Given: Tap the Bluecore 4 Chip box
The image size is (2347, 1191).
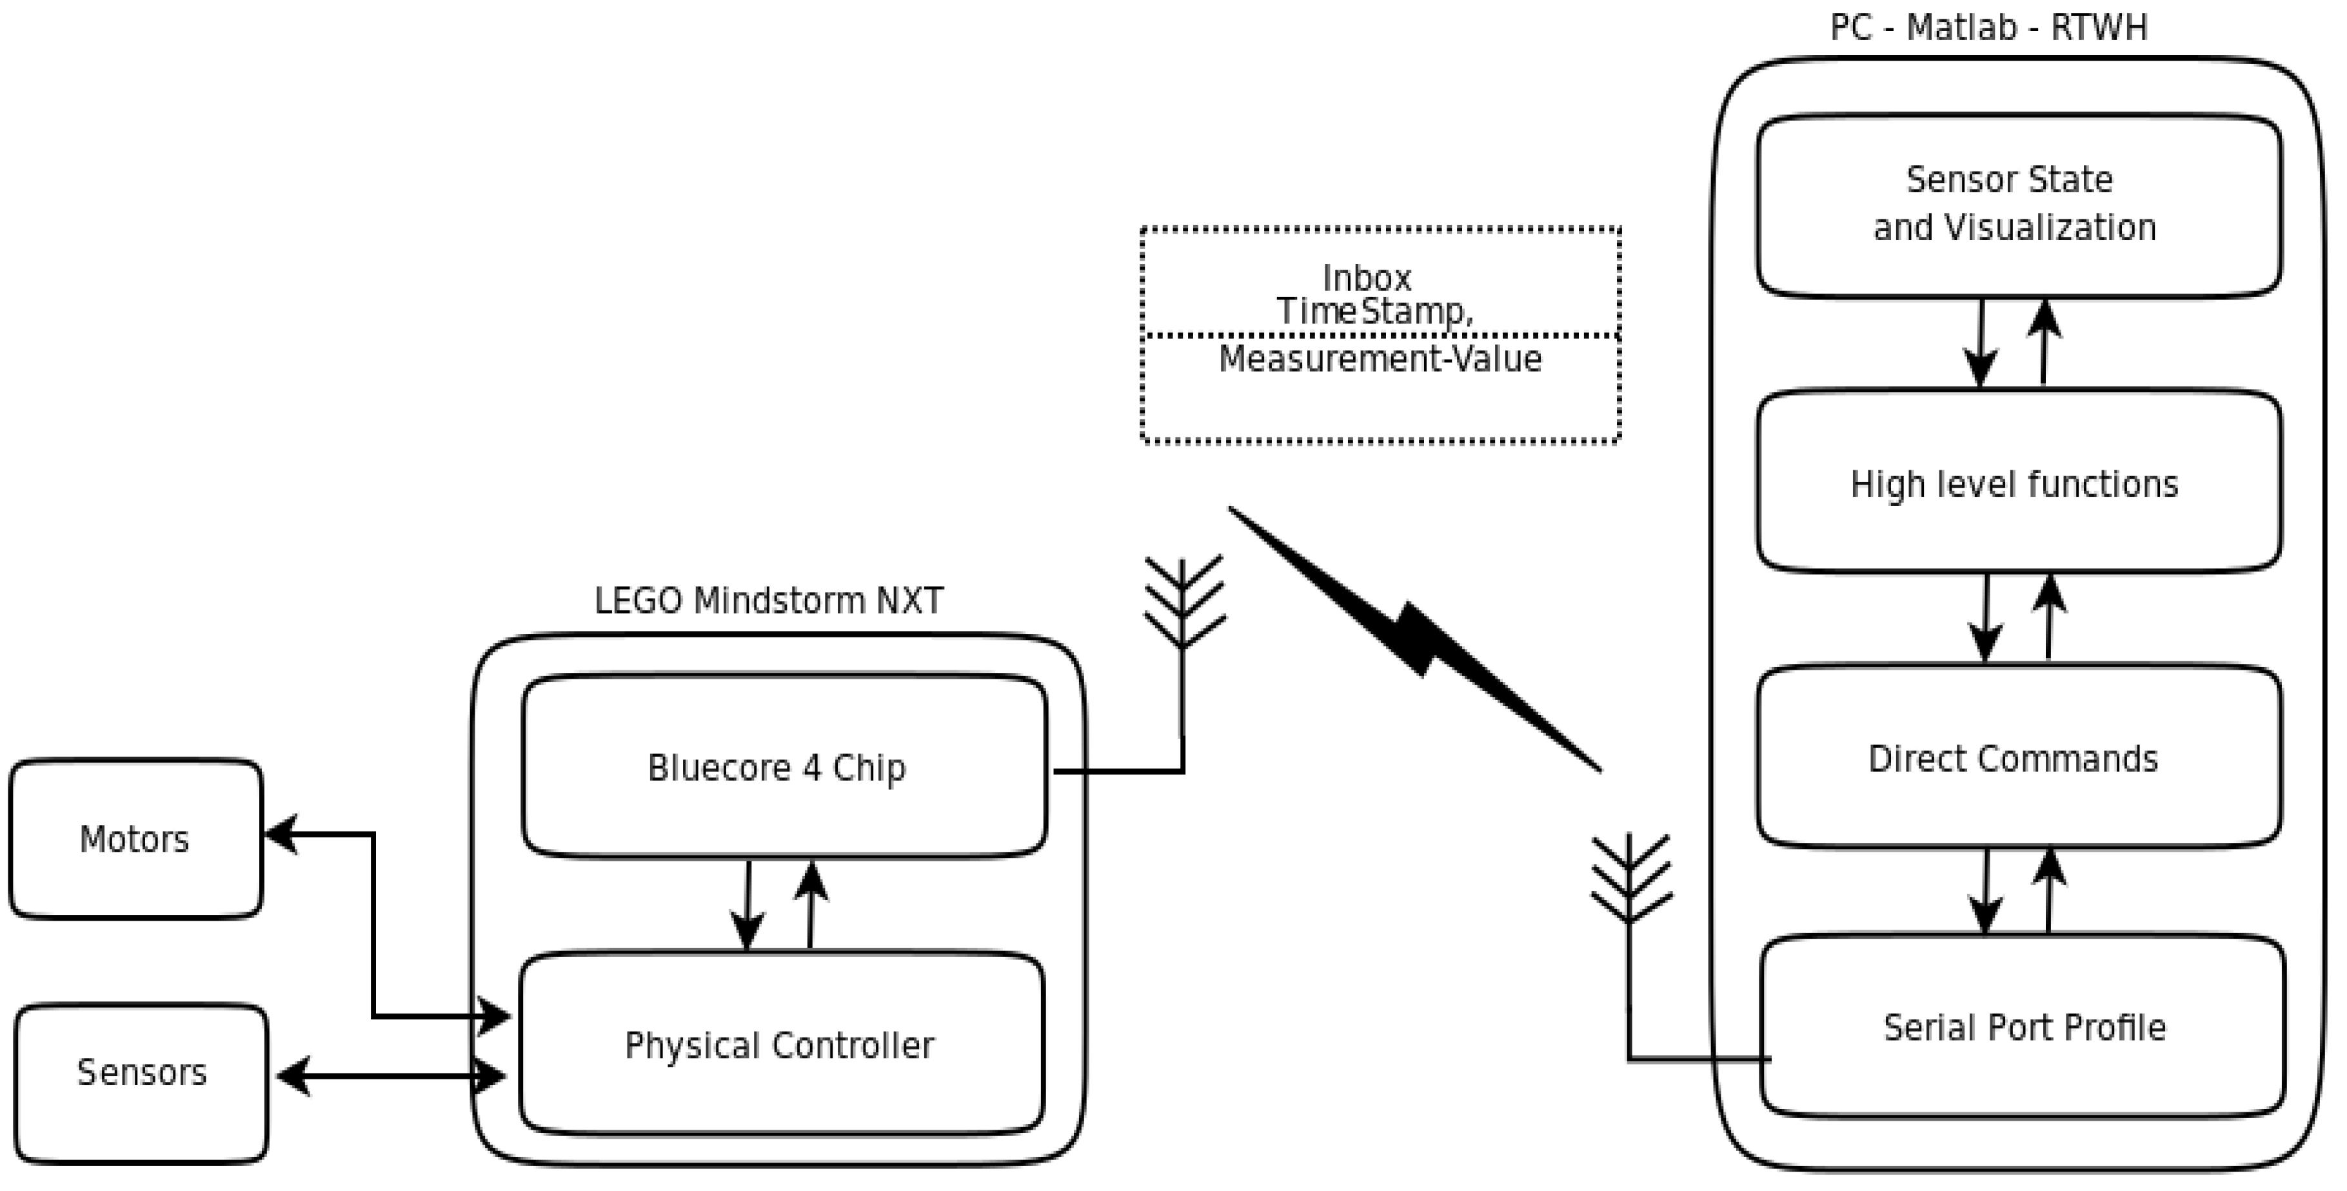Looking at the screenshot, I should pyautogui.click(x=784, y=767).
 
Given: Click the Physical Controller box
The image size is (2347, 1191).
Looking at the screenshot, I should pyautogui.click(x=781, y=1045).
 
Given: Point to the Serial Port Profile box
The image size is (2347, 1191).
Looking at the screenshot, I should pyautogui.click(x=2023, y=1027).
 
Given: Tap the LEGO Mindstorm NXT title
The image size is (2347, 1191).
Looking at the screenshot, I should pyautogui.click(x=768, y=601).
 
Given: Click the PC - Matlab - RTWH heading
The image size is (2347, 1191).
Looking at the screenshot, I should pyautogui.click(x=1989, y=27).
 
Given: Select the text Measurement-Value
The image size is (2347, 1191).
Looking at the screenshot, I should pyautogui.click(x=1380, y=359).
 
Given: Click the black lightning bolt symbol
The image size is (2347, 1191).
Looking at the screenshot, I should pyautogui.click(x=1415, y=638).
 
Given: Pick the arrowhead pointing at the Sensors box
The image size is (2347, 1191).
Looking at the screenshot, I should pyautogui.click(x=292, y=1076).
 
